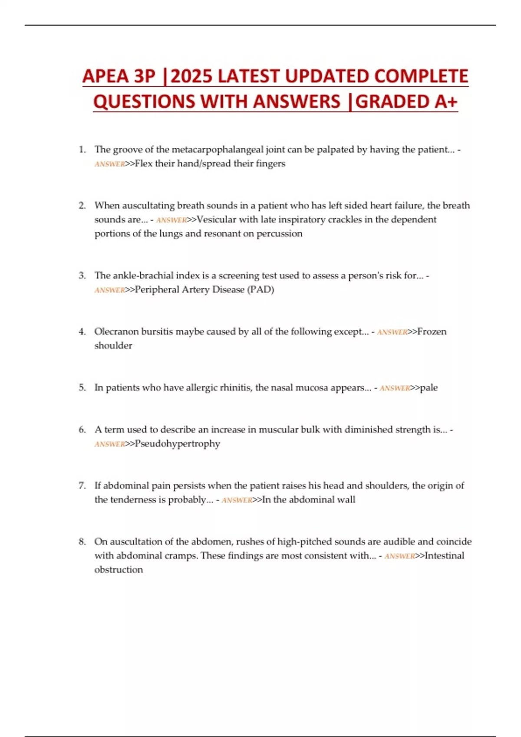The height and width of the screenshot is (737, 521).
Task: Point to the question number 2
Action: [82, 205]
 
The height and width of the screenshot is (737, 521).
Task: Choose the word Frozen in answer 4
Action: [432, 332]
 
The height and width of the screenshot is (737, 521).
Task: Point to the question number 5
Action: [82, 388]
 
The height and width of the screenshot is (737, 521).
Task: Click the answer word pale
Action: [429, 388]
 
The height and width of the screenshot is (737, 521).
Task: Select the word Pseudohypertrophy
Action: [177, 444]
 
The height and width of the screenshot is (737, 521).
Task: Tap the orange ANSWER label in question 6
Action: [109, 444]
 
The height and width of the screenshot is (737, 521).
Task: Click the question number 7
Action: [82, 486]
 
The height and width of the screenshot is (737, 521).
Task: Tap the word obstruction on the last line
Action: [119, 569]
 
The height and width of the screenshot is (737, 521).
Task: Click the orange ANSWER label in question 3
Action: [109, 290]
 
